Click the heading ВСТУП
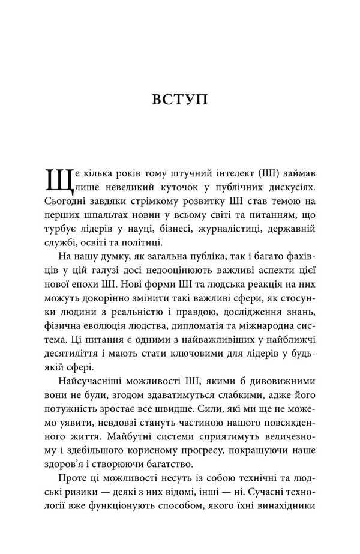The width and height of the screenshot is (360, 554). tap(179, 99)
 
